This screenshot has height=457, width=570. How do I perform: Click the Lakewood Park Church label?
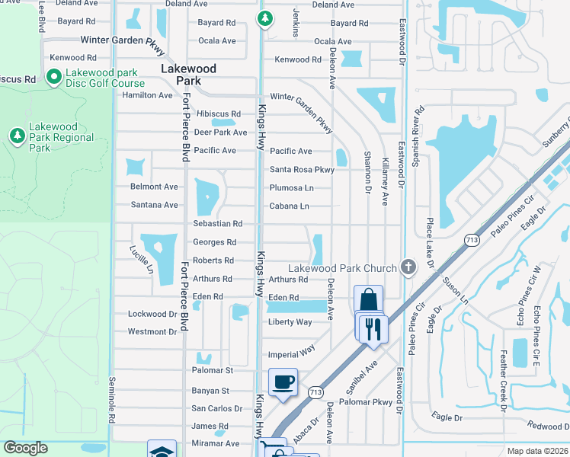point(342,268)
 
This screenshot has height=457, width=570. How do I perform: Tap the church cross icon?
point(408,267)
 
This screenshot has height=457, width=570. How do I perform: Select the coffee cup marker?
point(283,382)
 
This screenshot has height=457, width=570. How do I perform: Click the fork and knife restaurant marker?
point(373,328)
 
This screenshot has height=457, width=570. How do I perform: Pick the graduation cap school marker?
point(162,451)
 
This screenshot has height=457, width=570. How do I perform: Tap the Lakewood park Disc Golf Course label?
point(104,78)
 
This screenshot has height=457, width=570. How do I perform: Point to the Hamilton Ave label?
point(148,95)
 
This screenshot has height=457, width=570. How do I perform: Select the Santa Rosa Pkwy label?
point(302,170)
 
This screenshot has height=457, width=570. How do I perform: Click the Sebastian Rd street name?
point(217,224)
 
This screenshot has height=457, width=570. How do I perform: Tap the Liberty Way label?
point(290,322)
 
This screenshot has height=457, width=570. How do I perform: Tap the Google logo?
point(26,448)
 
